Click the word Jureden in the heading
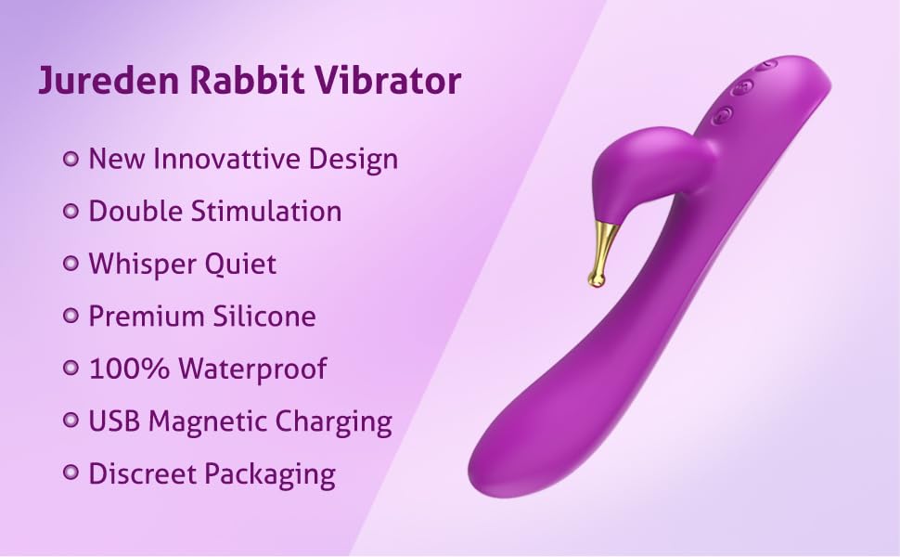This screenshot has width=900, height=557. tap(109, 80)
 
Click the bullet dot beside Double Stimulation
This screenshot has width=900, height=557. tap(70, 211)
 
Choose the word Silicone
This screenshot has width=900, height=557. tap(264, 316)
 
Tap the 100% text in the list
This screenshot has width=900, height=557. tap(129, 368)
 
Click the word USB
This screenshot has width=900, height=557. tap(114, 421)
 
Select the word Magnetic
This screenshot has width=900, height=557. tap(207, 421)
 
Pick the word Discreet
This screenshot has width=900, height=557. tap(142, 473)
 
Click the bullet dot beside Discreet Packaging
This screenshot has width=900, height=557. tap(70, 473)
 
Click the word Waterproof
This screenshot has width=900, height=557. tap(252, 369)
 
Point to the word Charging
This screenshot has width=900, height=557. tap(333, 421)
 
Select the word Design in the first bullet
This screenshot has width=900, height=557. tap(353, 159)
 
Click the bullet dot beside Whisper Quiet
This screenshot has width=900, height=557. tap(70, 264)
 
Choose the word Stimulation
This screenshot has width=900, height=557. tap(266, 211)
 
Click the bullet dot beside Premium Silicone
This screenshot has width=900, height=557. tap(70, 316)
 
